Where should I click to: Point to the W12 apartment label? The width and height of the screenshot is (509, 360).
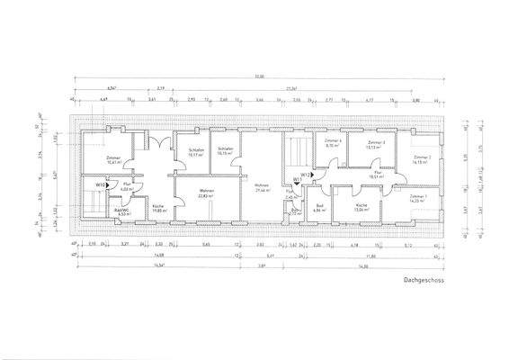coord(306,174)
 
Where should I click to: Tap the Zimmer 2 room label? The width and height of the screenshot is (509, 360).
coord(422,159)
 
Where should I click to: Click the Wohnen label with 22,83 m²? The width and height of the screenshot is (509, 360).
coord(206,193)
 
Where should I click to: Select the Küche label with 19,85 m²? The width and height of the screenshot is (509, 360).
coord(157,209)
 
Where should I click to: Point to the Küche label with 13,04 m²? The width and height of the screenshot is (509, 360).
coord(361,207)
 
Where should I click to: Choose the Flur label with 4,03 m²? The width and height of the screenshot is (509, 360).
coord(126,187)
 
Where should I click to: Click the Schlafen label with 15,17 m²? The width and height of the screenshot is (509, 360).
coord(196,152)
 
